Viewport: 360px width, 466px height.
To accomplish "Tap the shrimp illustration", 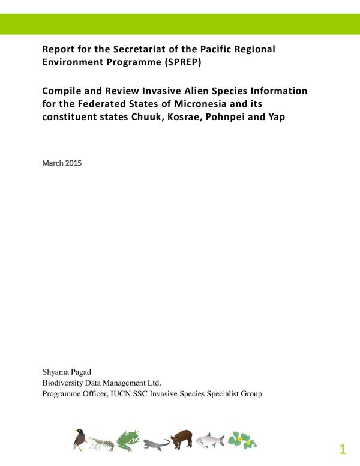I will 101,443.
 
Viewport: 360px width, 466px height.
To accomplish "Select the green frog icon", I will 128,440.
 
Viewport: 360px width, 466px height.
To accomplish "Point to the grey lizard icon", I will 155,444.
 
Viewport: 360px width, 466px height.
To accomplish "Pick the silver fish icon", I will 209,441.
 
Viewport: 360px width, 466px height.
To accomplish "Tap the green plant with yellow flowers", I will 242,440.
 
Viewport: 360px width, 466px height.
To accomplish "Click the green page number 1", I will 343,449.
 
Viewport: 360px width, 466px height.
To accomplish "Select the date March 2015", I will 62,163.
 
